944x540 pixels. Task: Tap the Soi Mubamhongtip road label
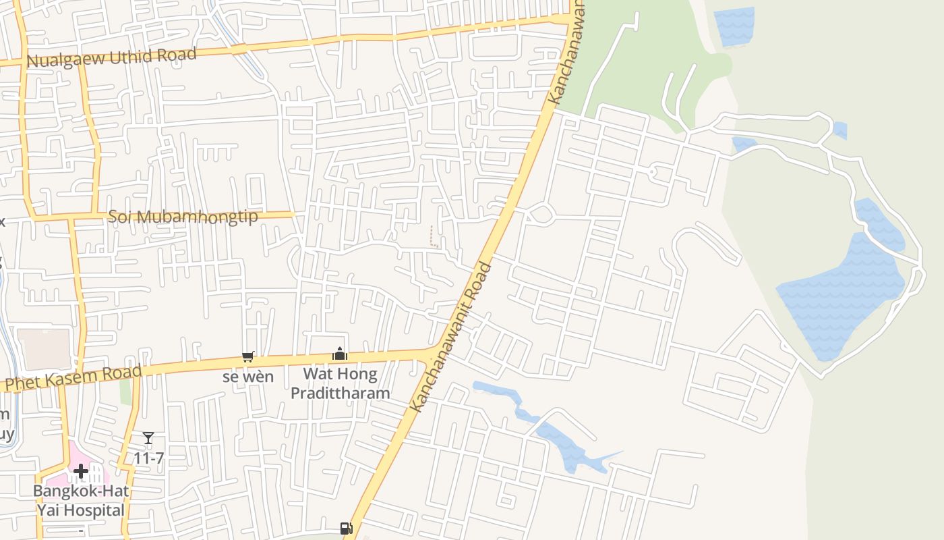pyautogui.click(x=183, y=217)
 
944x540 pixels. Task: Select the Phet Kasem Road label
pyautogui.click(x=74, y=378)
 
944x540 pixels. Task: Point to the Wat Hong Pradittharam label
pyautogui.click(x=340, y=383)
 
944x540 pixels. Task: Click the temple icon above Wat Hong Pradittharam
pyautogui.click(x=339, y=354)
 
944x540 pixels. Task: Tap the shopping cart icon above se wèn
pyautogui.click(x=248, y=356)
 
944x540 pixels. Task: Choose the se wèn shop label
pyautogui.click(x=248, y=376)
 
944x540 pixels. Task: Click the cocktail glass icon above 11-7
pyautogui.click(x=148, y=439)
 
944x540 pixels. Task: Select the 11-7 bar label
pyautogui.click(x=148, y=458)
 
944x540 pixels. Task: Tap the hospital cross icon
pyautogui.click(x=81, y=470)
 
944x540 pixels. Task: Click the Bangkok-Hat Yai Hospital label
pyautogui.click(x=81, y=500)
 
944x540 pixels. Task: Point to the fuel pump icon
pyautogui.click(x=346, y=528)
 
